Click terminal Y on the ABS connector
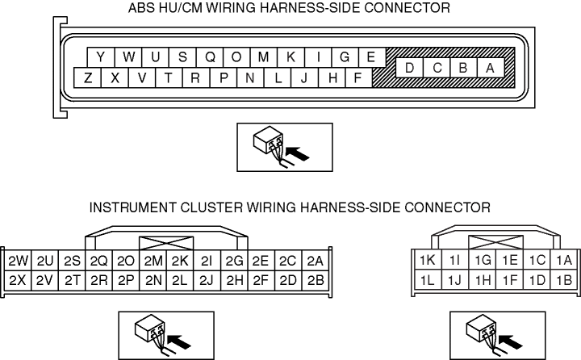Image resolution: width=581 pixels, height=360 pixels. [x=100, y=57]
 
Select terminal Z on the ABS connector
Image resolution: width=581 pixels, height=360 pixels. [x=87, y=78]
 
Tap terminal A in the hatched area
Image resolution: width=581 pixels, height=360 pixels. [x=490, y=68]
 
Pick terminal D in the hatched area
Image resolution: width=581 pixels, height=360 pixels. [x=410, y=68]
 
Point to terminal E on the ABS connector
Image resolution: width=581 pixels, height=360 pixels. [x=371, y=57]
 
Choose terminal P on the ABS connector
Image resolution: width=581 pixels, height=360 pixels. [x=224, y=78]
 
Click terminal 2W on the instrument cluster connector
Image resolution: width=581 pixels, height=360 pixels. [x=17, y=262]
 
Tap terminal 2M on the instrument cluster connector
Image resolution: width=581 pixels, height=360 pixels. [x=153, y=262]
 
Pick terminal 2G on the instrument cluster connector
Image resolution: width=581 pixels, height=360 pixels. [x=235, y=262]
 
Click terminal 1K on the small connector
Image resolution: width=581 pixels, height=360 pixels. [x=427, y=261]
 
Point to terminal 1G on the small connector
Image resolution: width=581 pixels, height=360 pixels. [x=483, y=261]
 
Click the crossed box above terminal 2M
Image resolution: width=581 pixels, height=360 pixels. [x=166, y=243]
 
